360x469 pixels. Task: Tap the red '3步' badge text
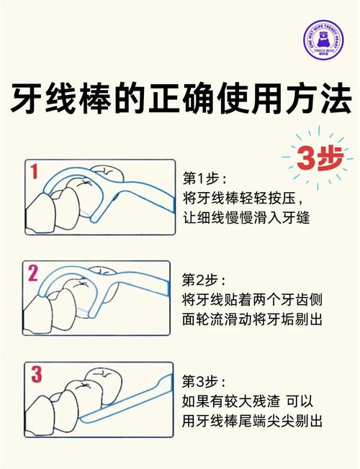tap(314, 160)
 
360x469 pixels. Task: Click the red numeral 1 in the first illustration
tap(35, 172)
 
